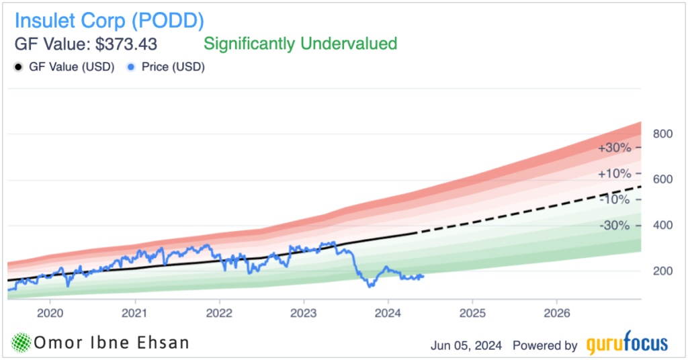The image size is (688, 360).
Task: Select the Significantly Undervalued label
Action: point(300,44)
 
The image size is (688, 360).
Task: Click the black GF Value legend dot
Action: point(18,67)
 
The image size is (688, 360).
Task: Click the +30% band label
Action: point(613,147)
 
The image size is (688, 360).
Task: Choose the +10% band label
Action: point(613,173)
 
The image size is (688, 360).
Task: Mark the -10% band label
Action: point(614,199)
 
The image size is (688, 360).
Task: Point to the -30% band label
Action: point(614,226)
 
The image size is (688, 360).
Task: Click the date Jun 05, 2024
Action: point(466,345)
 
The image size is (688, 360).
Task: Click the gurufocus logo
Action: point(627,345)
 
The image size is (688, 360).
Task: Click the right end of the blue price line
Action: point(423,276)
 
